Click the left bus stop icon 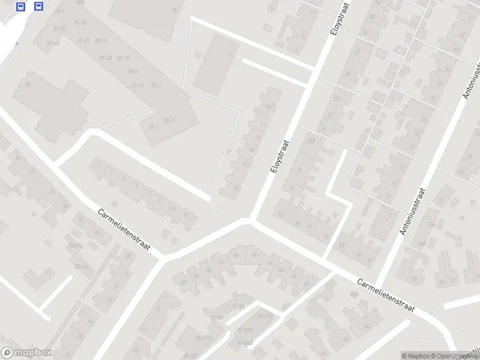coord(21,7)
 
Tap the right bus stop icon coord(39,7)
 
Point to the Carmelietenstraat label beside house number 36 coord(124,230)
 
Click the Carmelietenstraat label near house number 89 coord(386,295)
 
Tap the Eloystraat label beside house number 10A coord(280,158)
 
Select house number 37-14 coord(53,43)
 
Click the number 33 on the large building coord(26,85)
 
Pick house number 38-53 coord(81,266)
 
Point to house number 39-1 coord(153,127)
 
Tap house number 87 coord(360,254)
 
